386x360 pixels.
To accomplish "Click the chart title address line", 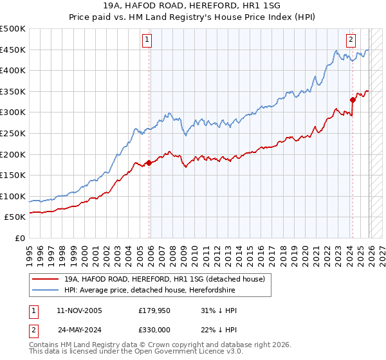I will (x=192, y=6).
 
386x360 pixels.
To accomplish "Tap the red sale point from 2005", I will (x=149, y=163).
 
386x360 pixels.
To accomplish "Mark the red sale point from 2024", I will (x=353, y=100).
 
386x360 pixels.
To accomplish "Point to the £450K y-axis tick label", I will (x=13, y=50).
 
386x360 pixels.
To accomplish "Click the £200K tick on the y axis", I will (x=13, y=154).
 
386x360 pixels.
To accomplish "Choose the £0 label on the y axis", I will (x=21, y=238).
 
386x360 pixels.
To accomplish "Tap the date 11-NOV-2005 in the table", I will (x=80, y=310).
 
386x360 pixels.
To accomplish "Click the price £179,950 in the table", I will (x=154, y=310).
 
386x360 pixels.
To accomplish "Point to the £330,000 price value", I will (x=154, y=329).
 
